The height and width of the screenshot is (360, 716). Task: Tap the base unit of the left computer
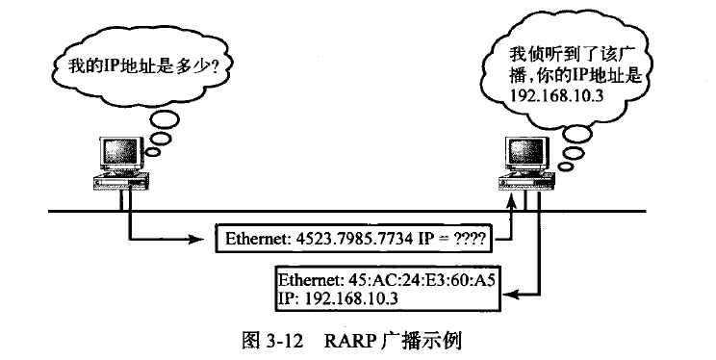pos(119,180)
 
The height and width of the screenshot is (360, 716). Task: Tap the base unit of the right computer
pos(525,181)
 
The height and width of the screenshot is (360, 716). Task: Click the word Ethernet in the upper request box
pos(254,236)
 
